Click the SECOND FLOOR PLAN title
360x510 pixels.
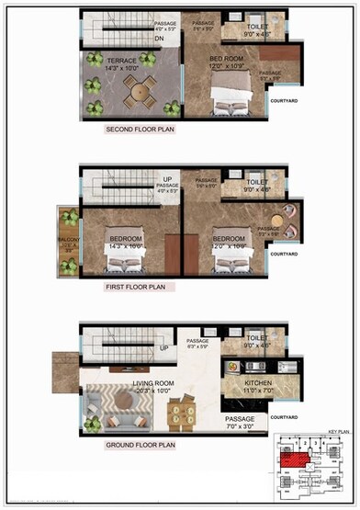coord(141,130)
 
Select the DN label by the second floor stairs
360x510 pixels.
coord(159,40)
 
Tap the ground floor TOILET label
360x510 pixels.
coord(257,341)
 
